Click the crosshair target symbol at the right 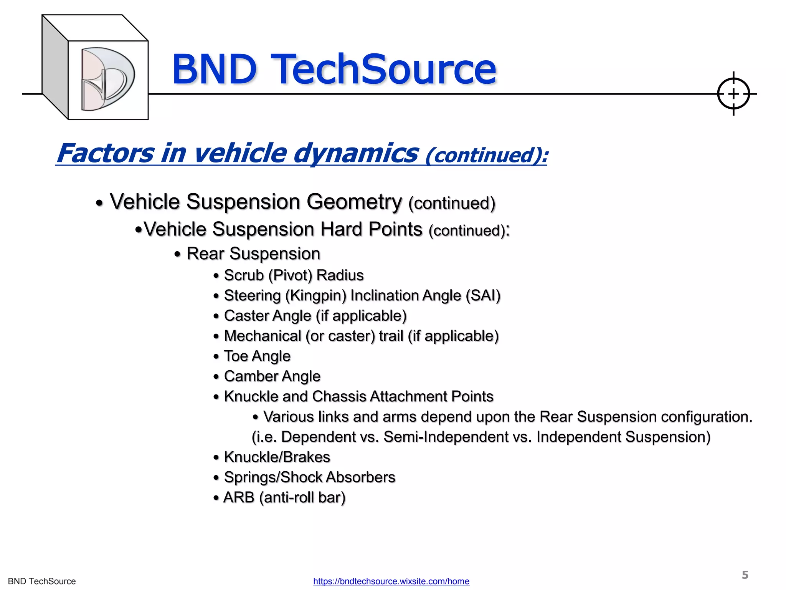click(733, 94)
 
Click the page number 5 click(745, 575)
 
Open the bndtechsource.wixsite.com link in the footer click(391, 581)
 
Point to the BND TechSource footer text click(42, 581)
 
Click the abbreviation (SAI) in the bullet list click(483, 295)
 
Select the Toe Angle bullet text click(257, 356)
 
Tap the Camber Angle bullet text click(272, 376)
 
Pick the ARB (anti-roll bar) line click(284, 497)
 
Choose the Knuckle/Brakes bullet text click(277, 457)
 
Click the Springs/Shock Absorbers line click(309, 477)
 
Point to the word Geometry click(354, 202)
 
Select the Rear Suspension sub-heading click(253, 254)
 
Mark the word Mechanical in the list click(263, 336)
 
